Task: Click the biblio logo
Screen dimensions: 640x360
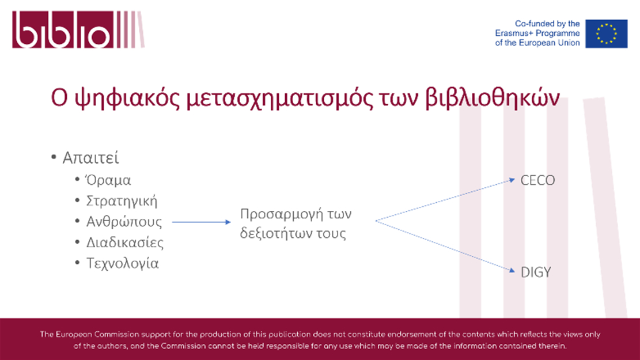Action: click(x=78, y=29)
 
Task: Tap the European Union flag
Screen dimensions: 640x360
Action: click(x=606, y=33)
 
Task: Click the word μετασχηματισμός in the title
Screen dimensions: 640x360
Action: click(x=279, y=98)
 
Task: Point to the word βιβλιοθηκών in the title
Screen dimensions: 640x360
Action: click(x=493, y=98)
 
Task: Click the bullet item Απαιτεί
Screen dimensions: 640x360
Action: click(x=90, y=158)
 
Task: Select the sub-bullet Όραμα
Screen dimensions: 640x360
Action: click(x=108, y=180)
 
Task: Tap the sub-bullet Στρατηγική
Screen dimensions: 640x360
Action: click(x=122, y=201)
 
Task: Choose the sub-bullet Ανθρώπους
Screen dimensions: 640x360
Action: click(x=124, y=222)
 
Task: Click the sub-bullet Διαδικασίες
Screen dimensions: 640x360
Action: click(x=124, y=242)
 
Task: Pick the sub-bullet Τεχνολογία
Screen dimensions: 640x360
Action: click(x=122, y=263)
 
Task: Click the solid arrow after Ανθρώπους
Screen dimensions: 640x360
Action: click(x=201, y=222)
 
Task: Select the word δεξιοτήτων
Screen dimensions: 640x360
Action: click(x=277, y=233)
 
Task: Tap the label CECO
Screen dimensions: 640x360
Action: click(x=537, y=180)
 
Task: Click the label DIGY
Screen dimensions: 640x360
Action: click(x=536, y=272)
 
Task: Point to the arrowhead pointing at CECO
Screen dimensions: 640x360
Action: click(x=512, y=180)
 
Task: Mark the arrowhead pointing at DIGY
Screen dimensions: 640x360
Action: click(x=512, y=270)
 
